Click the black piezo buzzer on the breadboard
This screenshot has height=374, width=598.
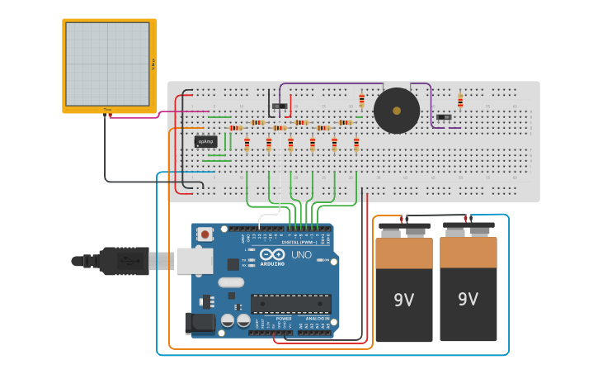(396, 110)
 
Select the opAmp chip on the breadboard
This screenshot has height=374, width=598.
(206, 141)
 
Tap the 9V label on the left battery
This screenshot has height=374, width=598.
(403, 300)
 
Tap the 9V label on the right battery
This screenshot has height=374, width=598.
(468, 299)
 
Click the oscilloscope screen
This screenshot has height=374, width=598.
(107, 64)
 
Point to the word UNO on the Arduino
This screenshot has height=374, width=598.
(301, 255)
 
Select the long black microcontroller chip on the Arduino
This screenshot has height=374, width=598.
(290, 303)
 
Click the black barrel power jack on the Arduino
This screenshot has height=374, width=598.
(200, 323)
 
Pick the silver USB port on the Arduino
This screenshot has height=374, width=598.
(195, 260)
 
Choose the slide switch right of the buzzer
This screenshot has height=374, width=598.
(444, 117)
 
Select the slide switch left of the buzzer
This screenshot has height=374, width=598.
(280, 106)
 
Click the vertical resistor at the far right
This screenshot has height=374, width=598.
(460, 101)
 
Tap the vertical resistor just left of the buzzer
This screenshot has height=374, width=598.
(361, 101)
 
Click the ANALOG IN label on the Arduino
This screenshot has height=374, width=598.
(316, 318)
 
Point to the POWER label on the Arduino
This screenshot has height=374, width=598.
(283, 318)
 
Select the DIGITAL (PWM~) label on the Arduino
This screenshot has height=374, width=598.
(299, 242)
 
